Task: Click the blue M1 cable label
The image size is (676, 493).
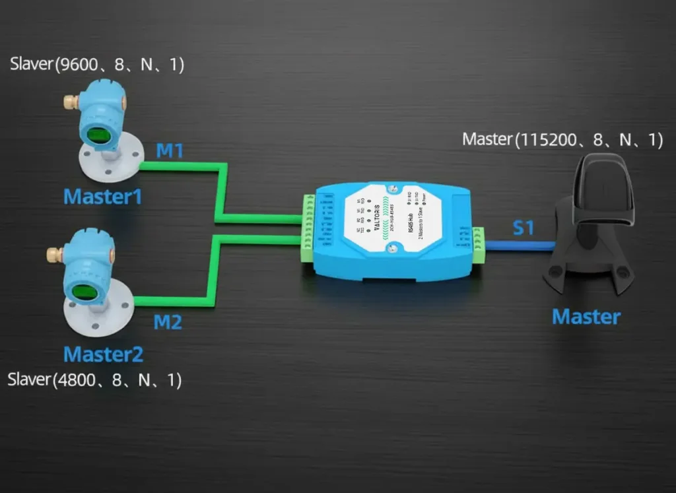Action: point(170,151)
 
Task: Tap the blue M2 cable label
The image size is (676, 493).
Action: point(168,323)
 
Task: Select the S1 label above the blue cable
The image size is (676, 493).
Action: point(524,229)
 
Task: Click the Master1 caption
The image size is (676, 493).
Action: point(102,196)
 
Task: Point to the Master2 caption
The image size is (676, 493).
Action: point(103,354)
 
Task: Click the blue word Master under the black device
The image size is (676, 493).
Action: point(586,317)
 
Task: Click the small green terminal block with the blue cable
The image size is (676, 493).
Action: point(478,246)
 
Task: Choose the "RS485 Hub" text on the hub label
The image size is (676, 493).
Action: point(411,232)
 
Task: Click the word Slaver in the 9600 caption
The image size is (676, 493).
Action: point(31,65)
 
